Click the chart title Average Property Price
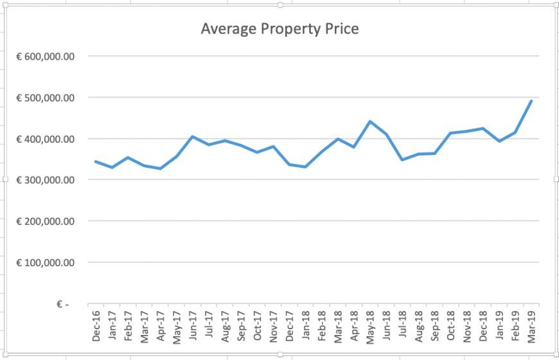[x=279, y=29]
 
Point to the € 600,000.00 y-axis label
[x=46, y=57]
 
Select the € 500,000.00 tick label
[x=46, y=98]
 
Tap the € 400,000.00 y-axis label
[x=46, y=139]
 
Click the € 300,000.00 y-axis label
[x=46, y=180]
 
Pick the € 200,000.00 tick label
[x=46, y=221]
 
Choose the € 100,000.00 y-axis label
[x=46, y=262]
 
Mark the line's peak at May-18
[x=370, y=122]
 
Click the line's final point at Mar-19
[x=531, y=101]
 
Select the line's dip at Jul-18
[x=402, y=159]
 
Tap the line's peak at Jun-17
[x=192, y=136]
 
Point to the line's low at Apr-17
[x=160, y=168]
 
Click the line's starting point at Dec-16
[x=96, y=161]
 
